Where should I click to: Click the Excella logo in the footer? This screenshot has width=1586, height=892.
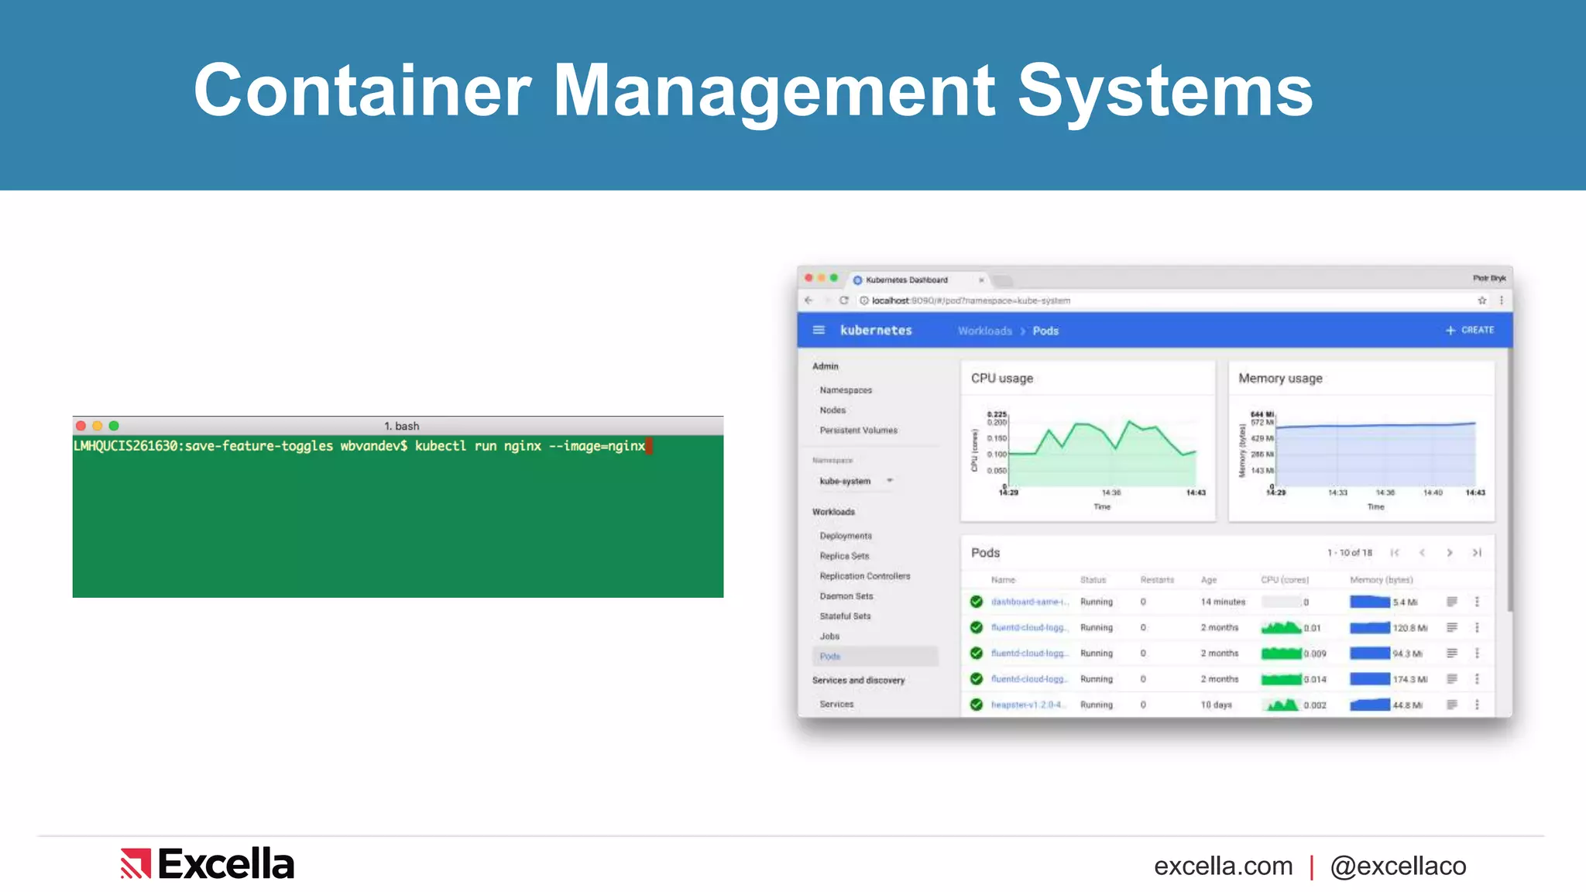208,864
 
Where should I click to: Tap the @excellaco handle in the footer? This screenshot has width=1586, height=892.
1398,866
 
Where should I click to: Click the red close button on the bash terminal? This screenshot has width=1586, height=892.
81,426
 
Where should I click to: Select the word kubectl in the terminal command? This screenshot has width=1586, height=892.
440,446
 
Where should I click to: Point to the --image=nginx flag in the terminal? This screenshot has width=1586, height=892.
596,446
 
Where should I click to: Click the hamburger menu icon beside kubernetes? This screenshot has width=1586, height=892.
819,331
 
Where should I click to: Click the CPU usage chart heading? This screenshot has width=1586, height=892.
1002,379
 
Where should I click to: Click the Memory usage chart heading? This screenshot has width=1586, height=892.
1280,379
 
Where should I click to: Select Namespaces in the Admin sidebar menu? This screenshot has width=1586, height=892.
846,390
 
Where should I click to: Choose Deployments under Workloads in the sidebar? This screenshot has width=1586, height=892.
846,536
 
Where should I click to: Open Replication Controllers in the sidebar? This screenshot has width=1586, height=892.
865,576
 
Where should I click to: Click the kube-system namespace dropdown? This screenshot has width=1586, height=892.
856,482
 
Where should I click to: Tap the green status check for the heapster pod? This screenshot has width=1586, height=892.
977,705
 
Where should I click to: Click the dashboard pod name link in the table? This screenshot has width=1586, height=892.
1029,602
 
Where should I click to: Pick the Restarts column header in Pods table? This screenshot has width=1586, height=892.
1157,580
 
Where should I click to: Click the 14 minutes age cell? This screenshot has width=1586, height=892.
1223,602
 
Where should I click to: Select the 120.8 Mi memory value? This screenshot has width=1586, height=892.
1409,628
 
